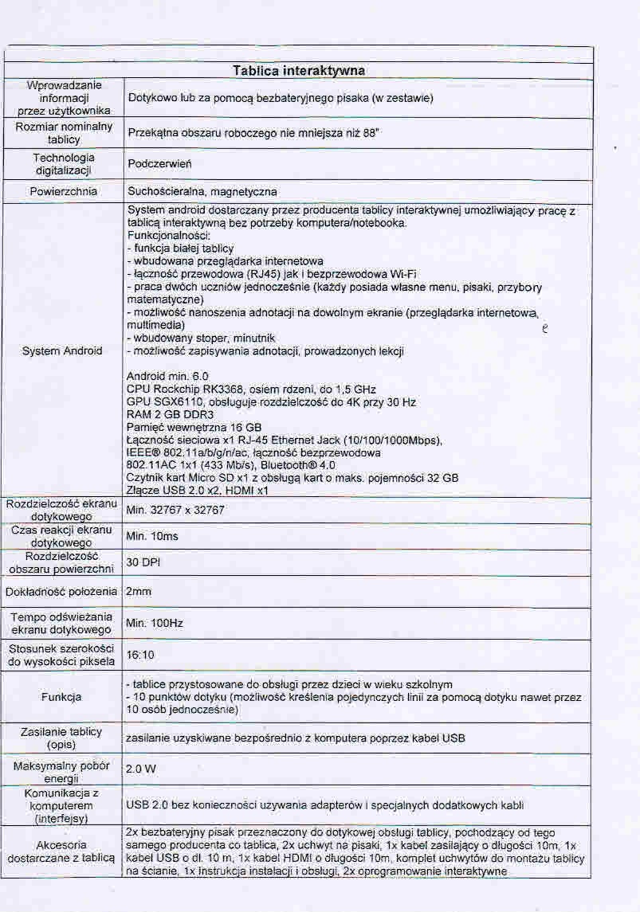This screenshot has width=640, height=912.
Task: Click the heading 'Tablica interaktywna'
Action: (299, 71)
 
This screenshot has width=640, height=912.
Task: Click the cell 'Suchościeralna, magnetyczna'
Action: (202, 192)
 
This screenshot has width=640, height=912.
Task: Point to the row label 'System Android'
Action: (62, 350)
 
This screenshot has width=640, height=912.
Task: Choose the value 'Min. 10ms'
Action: (152, 536)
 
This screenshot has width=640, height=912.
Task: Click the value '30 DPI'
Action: (143, 562)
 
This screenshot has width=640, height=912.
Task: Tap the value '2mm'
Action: (139, 592)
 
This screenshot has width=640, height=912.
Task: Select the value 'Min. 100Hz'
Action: (155, 623)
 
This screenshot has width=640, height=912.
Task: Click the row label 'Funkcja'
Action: (62, 697)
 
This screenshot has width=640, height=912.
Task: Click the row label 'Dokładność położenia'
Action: (62, 592)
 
